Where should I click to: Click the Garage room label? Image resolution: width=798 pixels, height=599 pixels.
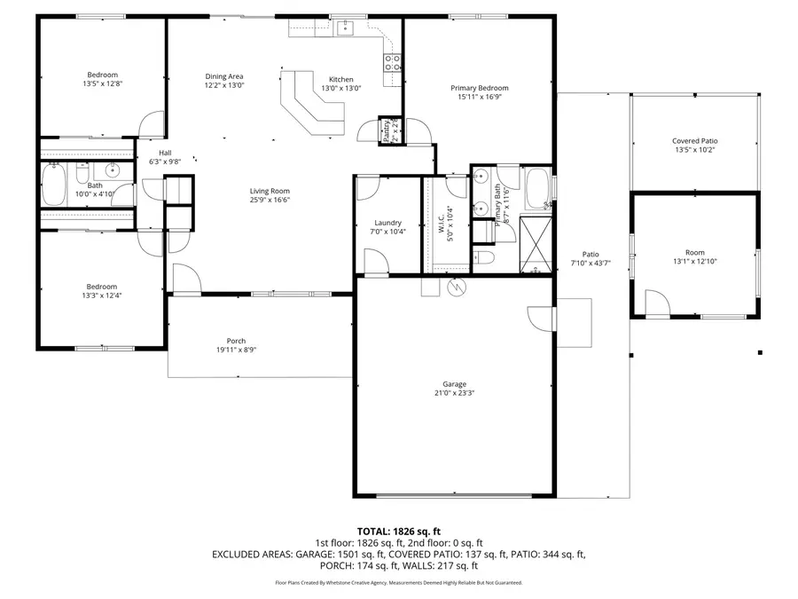tap(450, 384)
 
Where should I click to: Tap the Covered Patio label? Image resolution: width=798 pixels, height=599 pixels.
tap(694, 141)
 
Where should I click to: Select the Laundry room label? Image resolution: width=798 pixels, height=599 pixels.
tap(387, 223)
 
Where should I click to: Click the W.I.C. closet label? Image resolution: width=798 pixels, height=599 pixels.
tap(441, 223)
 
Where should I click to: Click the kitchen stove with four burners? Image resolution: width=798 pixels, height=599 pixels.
tap(391, 62)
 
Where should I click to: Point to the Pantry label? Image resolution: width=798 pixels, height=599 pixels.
tap(387, 131)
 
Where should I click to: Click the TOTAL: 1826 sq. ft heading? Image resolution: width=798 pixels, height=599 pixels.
tap(398, 531)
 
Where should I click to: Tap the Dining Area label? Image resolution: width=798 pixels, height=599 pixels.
tap(224, 76)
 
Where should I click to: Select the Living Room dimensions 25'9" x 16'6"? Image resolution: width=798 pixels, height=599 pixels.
tap(269, 201)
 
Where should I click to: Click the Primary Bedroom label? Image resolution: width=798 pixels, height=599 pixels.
tap(479, 88)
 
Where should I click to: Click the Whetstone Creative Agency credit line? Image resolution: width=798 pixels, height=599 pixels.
tap(398, 583)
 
